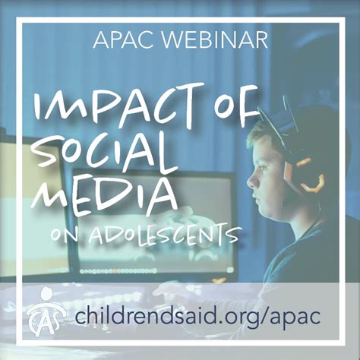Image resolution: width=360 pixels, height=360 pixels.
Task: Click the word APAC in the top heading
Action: click(124, 39)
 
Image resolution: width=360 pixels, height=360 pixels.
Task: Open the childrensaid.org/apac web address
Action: click(198, 316)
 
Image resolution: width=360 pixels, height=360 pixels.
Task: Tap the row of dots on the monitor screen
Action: click(118, 271)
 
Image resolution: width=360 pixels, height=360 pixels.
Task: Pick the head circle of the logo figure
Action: click(47, 293)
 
